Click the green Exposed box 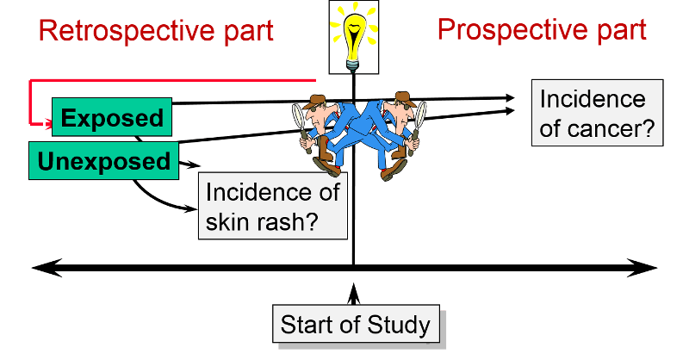coord(112,117)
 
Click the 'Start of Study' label coord(355,326)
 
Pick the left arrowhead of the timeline coord(43,268)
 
